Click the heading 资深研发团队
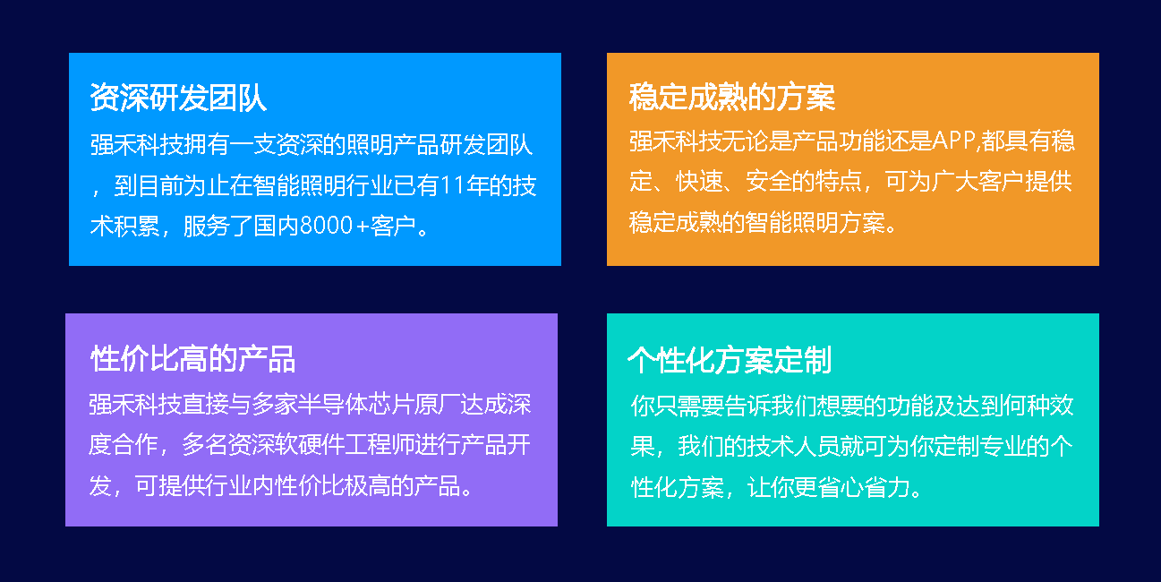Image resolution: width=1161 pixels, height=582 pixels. point(178,98)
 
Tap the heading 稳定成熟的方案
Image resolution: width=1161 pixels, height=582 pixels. point(731,98)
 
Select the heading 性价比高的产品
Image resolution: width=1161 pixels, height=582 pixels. point(192,359)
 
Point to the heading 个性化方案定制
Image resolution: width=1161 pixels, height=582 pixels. point(730,360)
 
